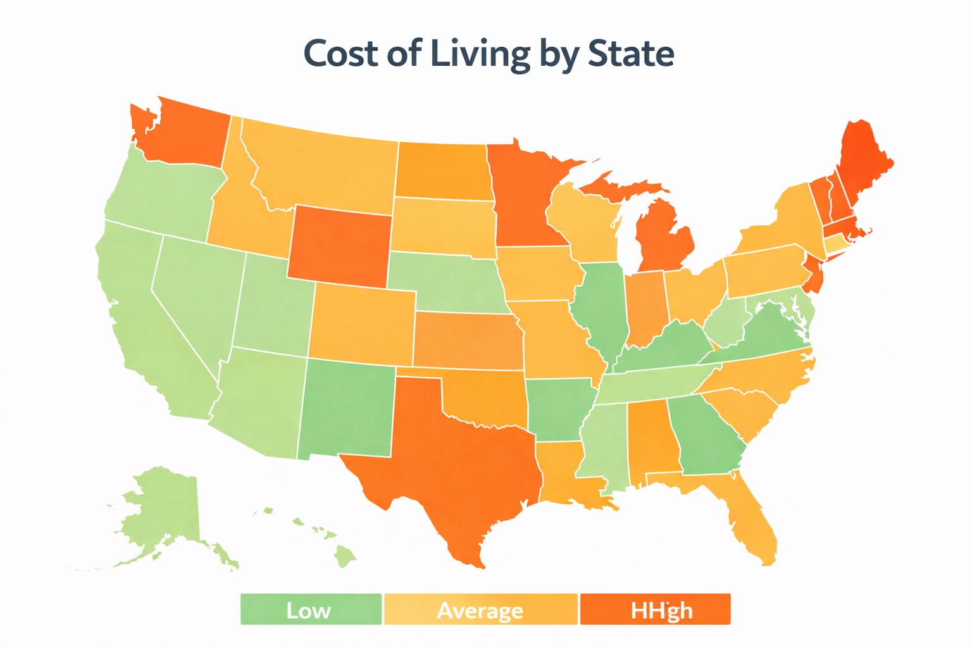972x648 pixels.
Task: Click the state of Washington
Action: coord(184,136)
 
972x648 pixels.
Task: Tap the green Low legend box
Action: coord(311,609)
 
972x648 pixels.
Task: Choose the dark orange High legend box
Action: coord(655,609)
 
